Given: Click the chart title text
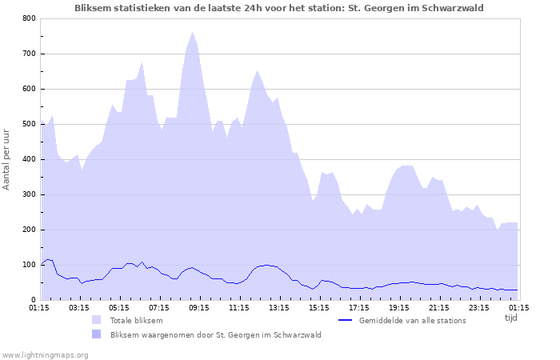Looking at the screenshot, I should pyautogui.click(x=278, y=7).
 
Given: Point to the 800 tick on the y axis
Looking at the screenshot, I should pyautogui.click(x=29, y=18).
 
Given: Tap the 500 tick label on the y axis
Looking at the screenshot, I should pyautogui.click(x=29, y=124).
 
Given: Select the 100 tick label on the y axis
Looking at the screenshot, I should pyautogui.click(x=29, y=265).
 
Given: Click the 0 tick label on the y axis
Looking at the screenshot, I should pyautogui.click(x=33, y=300).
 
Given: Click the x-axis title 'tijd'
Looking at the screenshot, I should pyautogui.click(x=510, y=318).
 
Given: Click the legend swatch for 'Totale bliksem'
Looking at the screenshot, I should pyautogui.click(x=97, y=320).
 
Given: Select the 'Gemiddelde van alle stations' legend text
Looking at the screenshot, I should pyautogui.click(x=412, y=320).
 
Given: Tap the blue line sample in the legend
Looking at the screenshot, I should pyautogui.click(x=346, y=320).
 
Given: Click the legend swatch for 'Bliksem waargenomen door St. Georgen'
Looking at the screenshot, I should pyautogui.click(x=97, y=334).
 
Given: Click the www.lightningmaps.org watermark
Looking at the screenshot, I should pyautogui.click(x=45, y=354).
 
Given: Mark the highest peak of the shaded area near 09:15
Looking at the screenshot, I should pyautogui.click(x=192, y=33).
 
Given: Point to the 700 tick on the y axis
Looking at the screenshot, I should pyautogui.click(x=29, y=54).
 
